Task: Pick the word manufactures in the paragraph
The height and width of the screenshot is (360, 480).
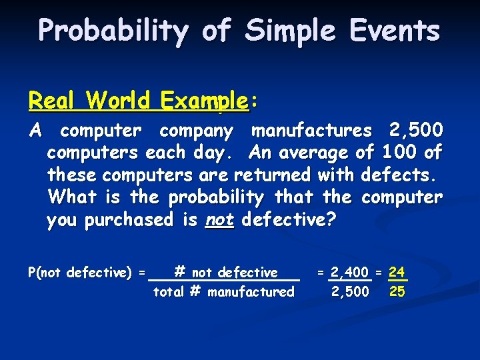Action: pyautogui.click(x=311, y=130)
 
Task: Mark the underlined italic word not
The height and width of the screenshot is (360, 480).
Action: pyautogui.click(x=219, y=221)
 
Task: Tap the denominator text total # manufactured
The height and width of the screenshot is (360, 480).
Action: pyautogui.click(x=224, y=292)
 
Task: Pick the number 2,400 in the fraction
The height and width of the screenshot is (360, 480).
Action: pyautogui.click(x=349, y=273)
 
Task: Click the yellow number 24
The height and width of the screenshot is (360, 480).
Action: pyautogui.click(x=397, y=273)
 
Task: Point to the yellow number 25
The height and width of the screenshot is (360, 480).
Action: pyautogui.click(x=397, y=292)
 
